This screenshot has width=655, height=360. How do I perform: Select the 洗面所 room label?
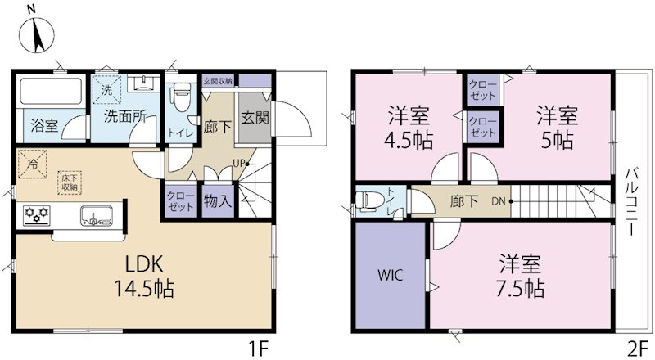[124, 116]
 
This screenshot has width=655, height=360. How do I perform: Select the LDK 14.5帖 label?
[145, 277]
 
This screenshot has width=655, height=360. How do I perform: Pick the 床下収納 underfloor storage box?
[69, 182]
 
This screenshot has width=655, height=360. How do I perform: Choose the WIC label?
[389, 274]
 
